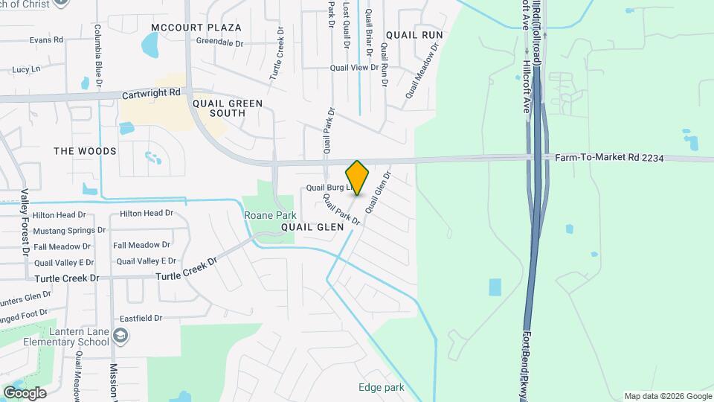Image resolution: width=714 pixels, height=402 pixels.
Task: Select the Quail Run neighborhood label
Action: pyautogui.click(x=414, y=35)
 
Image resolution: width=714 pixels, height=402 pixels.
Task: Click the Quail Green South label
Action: pyautogui.click(x=228, y=108)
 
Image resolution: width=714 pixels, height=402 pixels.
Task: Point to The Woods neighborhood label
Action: pyautogui.click(x=85, y=151)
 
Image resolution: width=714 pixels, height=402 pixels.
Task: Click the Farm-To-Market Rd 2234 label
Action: pyautogui.click(x=608, y=158)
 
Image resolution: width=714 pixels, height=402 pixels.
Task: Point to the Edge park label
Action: pyautogui.click(x=381, y=387)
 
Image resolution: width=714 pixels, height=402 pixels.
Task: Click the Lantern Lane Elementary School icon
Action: pyautogui.click(x=120, y=338)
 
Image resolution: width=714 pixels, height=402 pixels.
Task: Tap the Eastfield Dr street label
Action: pyautogui.click(x=138, y=318)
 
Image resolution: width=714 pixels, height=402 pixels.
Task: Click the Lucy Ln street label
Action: pyautogui.click(x=25, y=68)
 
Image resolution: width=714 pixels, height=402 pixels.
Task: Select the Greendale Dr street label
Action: pyautogui.click(x=219, y=42)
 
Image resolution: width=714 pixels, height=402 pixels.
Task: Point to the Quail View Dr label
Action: pyautogui.click(x=354, y=68)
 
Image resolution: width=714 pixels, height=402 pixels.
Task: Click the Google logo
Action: pyautogui.click(x=25, y=392)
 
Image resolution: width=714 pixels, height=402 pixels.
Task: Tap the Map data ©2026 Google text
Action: pyautogui.click(x=666, y=396)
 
